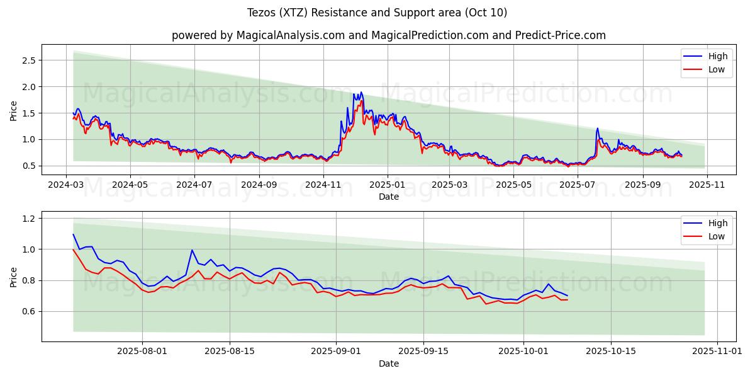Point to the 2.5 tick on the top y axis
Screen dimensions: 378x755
point(29,60)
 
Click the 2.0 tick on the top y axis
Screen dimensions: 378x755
point(29,86)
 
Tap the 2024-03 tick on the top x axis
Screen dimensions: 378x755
point(66,185)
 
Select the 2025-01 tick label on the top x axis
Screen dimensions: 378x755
point(388,185)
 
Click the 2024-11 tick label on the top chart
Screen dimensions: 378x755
point(323,185)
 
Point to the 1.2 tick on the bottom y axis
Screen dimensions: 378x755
point(29,218)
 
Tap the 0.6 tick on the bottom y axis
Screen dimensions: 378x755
point(29,311)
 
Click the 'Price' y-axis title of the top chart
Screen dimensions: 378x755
point(14,110)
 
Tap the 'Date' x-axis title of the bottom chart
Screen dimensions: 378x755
point(388,364)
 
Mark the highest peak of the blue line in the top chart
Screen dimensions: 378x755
point(360,92)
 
